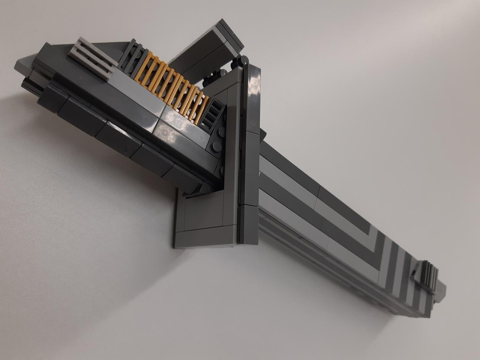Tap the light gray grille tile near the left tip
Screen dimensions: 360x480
92,57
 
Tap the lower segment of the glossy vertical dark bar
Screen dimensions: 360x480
249,223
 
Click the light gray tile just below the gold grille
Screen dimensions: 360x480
139,96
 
